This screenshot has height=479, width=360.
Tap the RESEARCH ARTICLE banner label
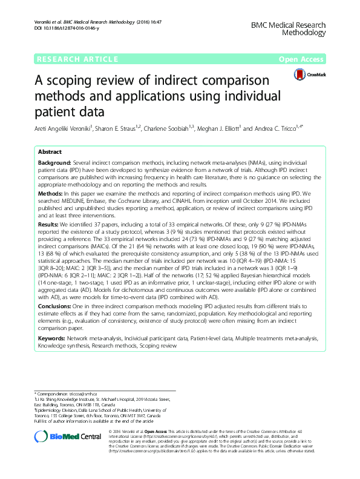coord(77,59)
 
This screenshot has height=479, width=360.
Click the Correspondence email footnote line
coord(71,394)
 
